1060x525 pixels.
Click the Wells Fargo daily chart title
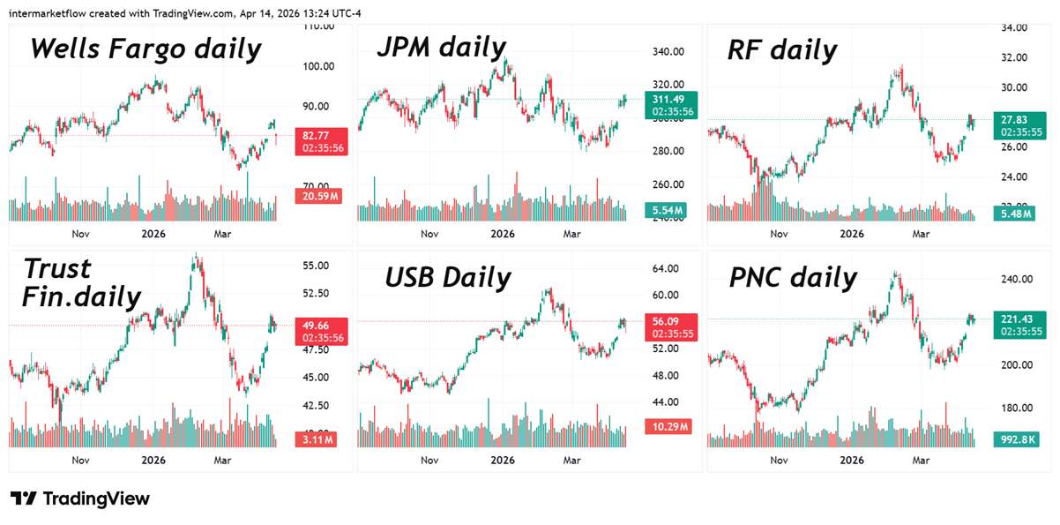tap(146, 49)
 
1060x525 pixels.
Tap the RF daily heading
tap(781, 50)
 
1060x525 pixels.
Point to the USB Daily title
tap(448, 277)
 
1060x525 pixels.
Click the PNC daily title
tap(793, 278)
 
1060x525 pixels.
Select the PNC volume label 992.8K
tap(1018, 439)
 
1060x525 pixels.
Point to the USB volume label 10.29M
tap(669, 427)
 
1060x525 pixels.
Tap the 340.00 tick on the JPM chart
tap(668, 51)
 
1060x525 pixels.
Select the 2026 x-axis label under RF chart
tap(851, 235)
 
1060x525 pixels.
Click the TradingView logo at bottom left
tap(80, 499)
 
